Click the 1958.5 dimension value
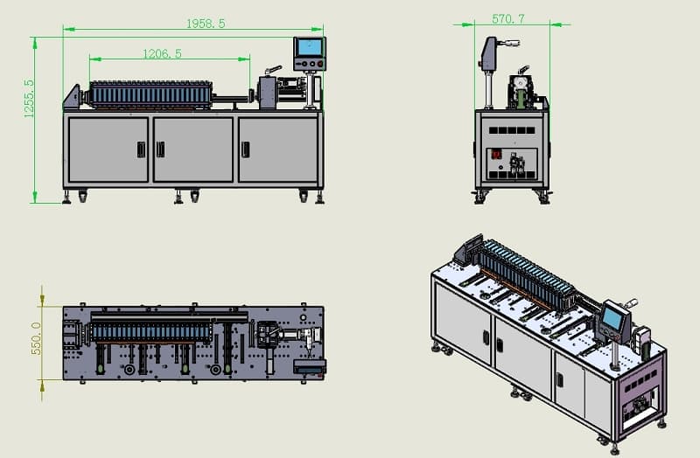(x=206, y=24)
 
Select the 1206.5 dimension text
(x=162, y=54)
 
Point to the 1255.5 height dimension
(x=29, y=99)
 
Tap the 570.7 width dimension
(x=508, y=18)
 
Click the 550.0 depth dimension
(x=36, y=338)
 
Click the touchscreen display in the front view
(x=310, y=47)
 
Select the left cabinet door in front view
(x=108, y=149)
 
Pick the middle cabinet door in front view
(x=193, y=149)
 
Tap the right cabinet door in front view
(x=278, y=149)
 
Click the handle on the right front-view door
(x=246, y=149)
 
